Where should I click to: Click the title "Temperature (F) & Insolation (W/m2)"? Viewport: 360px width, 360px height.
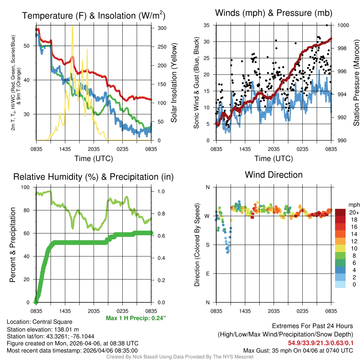pos(94,16)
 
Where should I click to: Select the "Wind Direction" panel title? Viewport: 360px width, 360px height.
pos(274,175)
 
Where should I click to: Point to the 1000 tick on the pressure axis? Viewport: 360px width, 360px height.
pos(343,25)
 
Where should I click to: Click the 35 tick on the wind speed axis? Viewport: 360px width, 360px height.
pos(206,25)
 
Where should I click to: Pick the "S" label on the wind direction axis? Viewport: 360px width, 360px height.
pos(207,245)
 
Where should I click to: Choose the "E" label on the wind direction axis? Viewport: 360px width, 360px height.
pos(207,274)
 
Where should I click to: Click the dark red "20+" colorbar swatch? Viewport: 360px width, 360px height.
pos(341,212)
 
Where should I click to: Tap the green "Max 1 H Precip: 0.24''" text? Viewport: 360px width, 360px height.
pos(136,318)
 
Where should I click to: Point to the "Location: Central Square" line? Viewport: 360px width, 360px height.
pos(39,322)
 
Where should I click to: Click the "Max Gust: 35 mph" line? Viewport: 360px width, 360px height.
pos(298,351)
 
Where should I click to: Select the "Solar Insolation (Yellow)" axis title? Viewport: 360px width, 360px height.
pos(174,83)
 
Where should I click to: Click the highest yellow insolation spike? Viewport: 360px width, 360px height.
pos(72,27)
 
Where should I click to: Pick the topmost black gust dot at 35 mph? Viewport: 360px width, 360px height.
pos(327,25)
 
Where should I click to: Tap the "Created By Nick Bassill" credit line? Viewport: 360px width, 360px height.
pos(180,357)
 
